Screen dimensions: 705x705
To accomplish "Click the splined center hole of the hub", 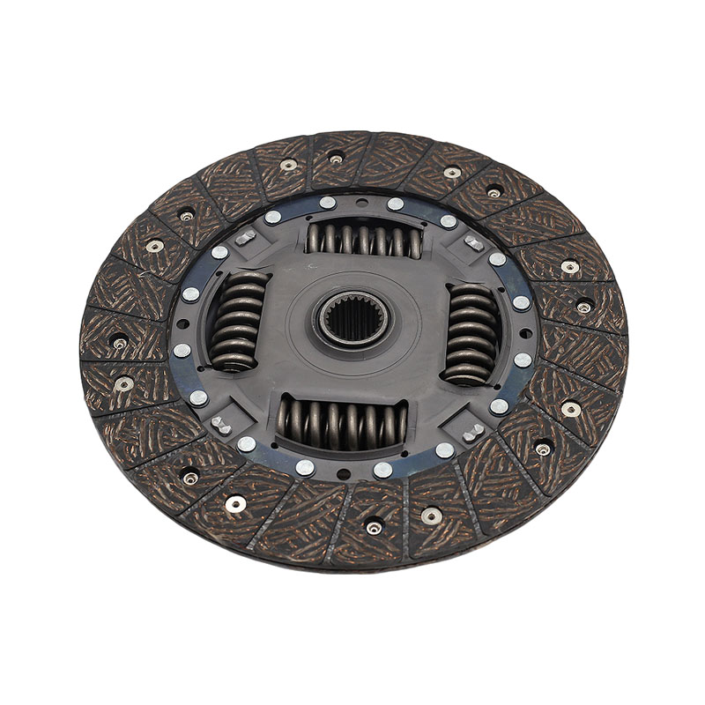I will [351, 319].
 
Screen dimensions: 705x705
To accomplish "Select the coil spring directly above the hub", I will [362, 239].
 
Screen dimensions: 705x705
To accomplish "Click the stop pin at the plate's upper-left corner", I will [245, 236].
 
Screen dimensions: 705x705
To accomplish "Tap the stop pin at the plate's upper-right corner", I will [474, 243].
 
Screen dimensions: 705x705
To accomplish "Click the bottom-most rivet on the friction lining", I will [375, 528].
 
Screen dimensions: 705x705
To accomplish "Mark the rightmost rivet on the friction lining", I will [583, 308].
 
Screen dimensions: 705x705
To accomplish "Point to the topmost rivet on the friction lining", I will [336, 160].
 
